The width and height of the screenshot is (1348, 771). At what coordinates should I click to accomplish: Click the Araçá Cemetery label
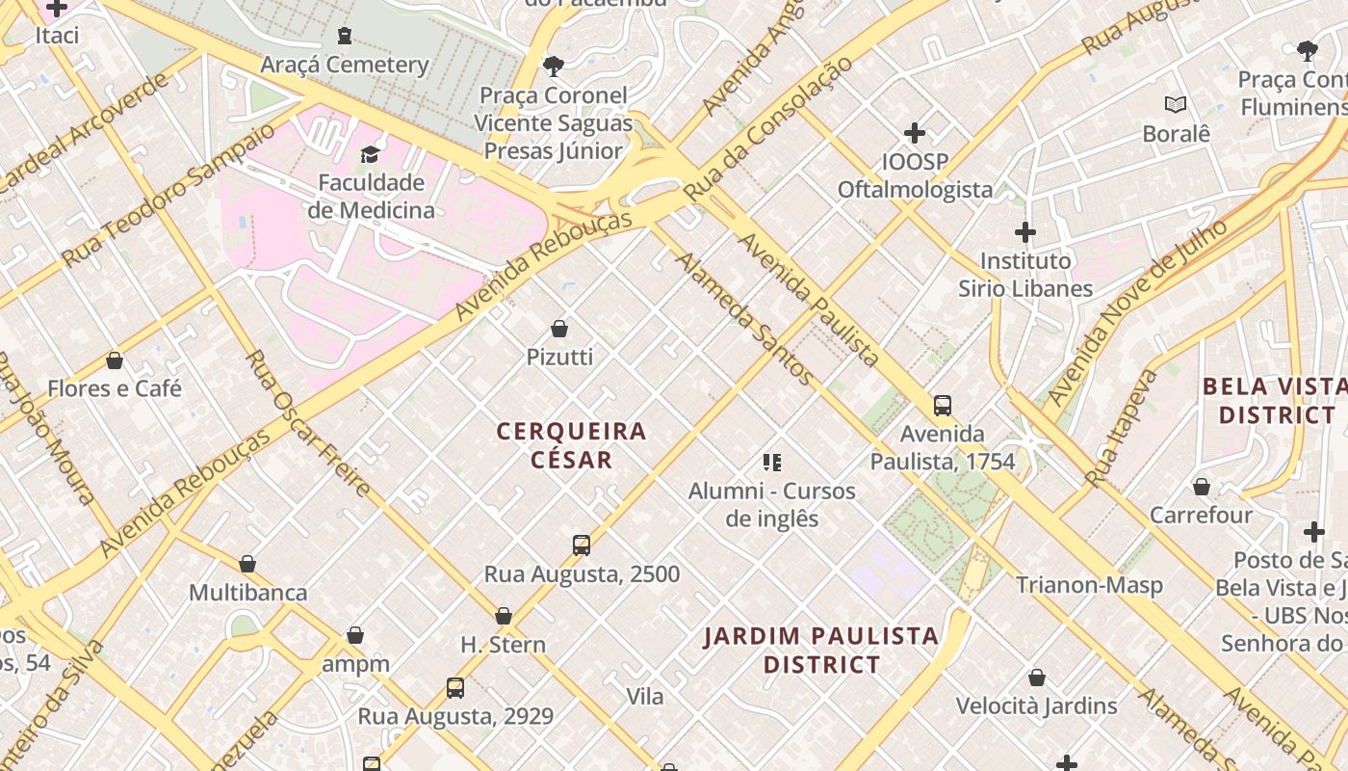345,66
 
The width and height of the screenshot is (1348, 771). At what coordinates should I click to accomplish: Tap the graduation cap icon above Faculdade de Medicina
370,154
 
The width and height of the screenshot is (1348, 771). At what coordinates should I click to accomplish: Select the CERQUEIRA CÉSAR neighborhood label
571,445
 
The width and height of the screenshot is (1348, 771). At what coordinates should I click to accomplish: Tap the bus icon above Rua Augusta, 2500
582,545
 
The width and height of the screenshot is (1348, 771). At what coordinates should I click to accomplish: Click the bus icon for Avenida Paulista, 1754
943,406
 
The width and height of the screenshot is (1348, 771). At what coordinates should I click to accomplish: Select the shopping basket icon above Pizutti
558,329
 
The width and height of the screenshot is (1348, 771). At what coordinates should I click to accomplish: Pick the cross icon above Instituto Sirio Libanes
1025,232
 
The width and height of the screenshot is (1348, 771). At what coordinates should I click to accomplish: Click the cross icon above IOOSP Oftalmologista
915,133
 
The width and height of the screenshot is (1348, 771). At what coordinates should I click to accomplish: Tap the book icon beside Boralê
1175,105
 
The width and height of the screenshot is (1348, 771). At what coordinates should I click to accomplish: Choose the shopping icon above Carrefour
1202,487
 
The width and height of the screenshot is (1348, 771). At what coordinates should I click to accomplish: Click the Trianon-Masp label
1089,585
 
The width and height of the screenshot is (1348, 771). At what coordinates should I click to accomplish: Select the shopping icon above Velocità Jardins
1037,678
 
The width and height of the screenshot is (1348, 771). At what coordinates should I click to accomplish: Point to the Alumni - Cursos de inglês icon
771,463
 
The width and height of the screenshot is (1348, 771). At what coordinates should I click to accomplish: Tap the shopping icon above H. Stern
503,616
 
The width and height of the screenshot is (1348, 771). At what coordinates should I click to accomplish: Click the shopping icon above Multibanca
247,564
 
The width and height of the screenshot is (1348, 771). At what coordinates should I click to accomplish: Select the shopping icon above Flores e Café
115,360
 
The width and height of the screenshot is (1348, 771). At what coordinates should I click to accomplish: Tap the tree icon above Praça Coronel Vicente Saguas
553,66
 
